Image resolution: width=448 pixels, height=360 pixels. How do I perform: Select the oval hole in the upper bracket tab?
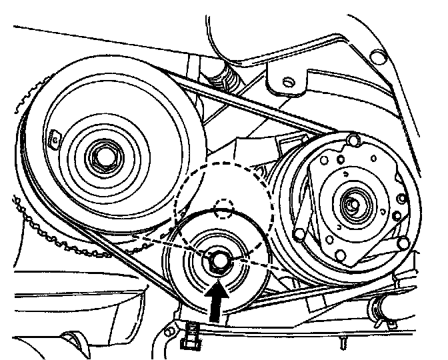[288, 81]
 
